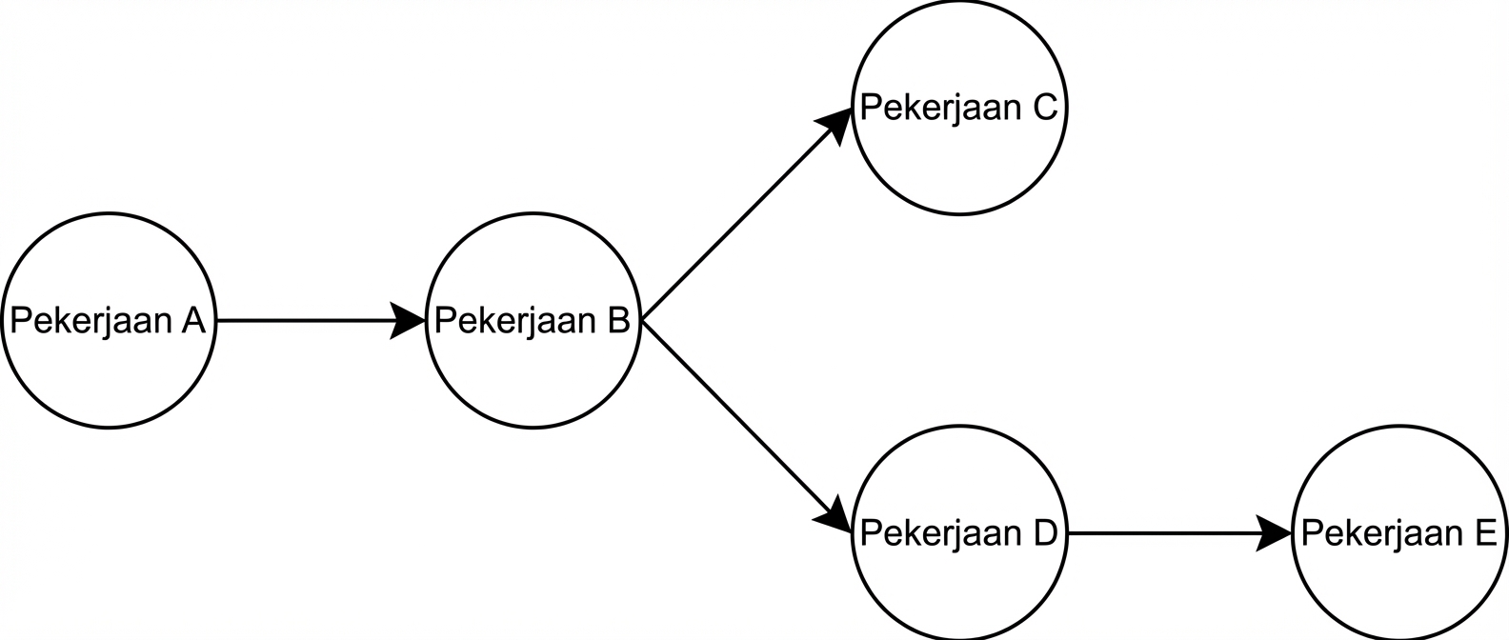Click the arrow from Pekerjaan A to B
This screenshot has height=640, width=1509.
(321, 321)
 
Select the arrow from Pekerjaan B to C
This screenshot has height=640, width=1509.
(747, 215)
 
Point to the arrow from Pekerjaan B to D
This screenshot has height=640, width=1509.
(747, 427)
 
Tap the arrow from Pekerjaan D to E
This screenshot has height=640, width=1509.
(1179, 533)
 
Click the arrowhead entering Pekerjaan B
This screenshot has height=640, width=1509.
(407, 321)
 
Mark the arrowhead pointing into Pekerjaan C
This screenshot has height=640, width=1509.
(835, 126)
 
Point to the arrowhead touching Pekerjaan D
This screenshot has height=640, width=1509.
(835, 516)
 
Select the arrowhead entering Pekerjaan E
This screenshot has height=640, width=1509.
(1274, 533)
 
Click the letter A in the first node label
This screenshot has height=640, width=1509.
(192, 321)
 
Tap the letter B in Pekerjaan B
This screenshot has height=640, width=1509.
(617, 321)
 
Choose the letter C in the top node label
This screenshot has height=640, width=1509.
(1044, 108)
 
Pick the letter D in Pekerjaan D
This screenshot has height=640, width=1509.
(1045, 533)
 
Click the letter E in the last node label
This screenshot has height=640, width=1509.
(1485, 533)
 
